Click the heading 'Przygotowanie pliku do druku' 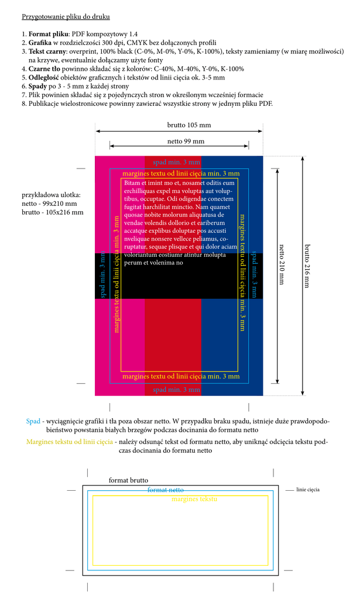[x=66, y=16]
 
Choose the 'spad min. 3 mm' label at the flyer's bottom [x=176, y=389]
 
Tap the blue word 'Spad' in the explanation [x=33, y=421]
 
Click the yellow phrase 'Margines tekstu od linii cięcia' [x=70, y=442]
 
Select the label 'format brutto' [x=128, y=480]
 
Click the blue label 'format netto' [x=166, y=490]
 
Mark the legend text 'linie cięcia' [x=308, y=490]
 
